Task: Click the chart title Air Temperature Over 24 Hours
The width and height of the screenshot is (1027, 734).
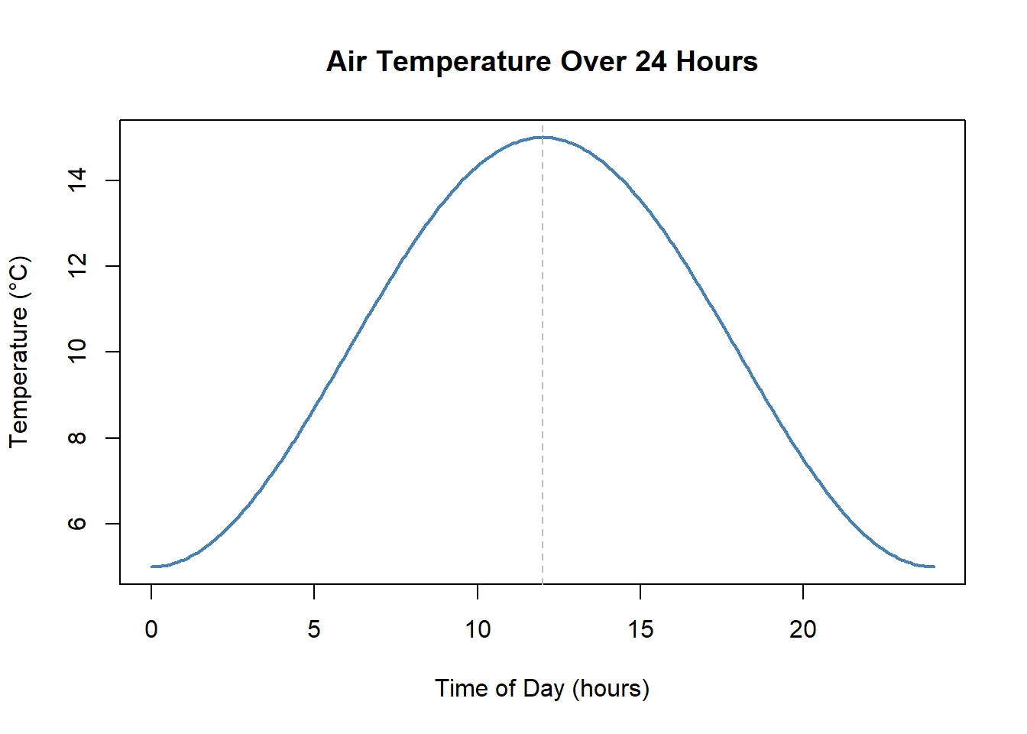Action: [x=542, y=61]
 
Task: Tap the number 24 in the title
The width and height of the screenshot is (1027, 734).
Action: [x=650, y=61]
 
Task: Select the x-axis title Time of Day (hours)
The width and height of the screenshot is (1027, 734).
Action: [x=542, y=688]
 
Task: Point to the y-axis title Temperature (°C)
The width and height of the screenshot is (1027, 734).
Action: [x=18, y=352]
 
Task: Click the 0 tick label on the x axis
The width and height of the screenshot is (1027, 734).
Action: [x=151, y=629]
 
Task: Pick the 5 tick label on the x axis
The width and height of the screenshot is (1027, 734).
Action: [x=314, y=629]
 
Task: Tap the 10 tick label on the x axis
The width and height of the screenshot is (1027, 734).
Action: [x=478, y=629]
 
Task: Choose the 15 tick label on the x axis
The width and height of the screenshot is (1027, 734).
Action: [x=640, y=629]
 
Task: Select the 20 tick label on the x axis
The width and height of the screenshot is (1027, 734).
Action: [x=803, y=629]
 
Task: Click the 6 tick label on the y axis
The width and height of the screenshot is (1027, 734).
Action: [x=77, y=524]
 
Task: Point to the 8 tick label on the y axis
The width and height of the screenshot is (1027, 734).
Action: [x=77, y=438]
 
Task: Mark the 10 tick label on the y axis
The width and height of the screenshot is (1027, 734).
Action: [x=77, y=352]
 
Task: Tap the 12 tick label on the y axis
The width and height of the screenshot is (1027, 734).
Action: [x=77, y=266]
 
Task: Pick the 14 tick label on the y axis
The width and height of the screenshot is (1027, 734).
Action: [x=77, y=180]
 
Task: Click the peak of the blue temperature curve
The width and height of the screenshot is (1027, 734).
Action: [x=543, y=138]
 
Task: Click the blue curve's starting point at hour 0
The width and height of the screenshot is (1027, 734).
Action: [x=152, y=567]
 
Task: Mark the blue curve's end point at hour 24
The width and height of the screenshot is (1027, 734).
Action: [x=934, y=567]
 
